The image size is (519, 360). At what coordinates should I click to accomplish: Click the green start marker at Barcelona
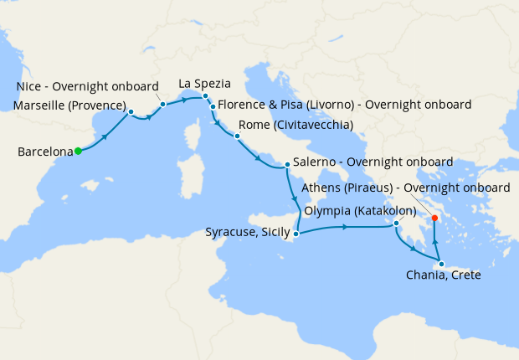(77, 152)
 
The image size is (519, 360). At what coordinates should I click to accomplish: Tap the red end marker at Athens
(434, 219)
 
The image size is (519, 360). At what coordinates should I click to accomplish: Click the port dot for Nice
(163, 104)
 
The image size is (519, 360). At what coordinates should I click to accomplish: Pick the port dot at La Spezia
(205, 96)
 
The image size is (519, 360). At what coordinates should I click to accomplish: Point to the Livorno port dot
(213, 107)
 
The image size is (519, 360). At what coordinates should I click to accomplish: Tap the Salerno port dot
(287, 164)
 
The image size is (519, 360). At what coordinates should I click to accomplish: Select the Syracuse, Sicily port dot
(295, 234)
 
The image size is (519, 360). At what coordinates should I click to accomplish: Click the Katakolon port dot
(397, 224)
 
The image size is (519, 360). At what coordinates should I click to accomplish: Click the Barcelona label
(44, 152)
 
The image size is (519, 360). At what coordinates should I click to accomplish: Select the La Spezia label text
(205, 84)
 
